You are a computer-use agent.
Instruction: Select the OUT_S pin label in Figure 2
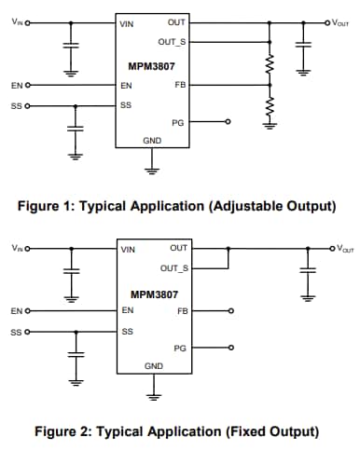[174, 268]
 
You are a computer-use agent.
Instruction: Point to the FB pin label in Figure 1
[181, 85]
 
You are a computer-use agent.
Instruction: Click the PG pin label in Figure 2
[180, 347]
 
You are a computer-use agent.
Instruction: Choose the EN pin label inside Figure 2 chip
[127, 309]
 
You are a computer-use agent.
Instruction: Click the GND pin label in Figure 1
[151, 140]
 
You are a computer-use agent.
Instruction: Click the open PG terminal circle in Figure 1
[228, 122]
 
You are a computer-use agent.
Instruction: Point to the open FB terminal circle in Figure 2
[228, 310]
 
